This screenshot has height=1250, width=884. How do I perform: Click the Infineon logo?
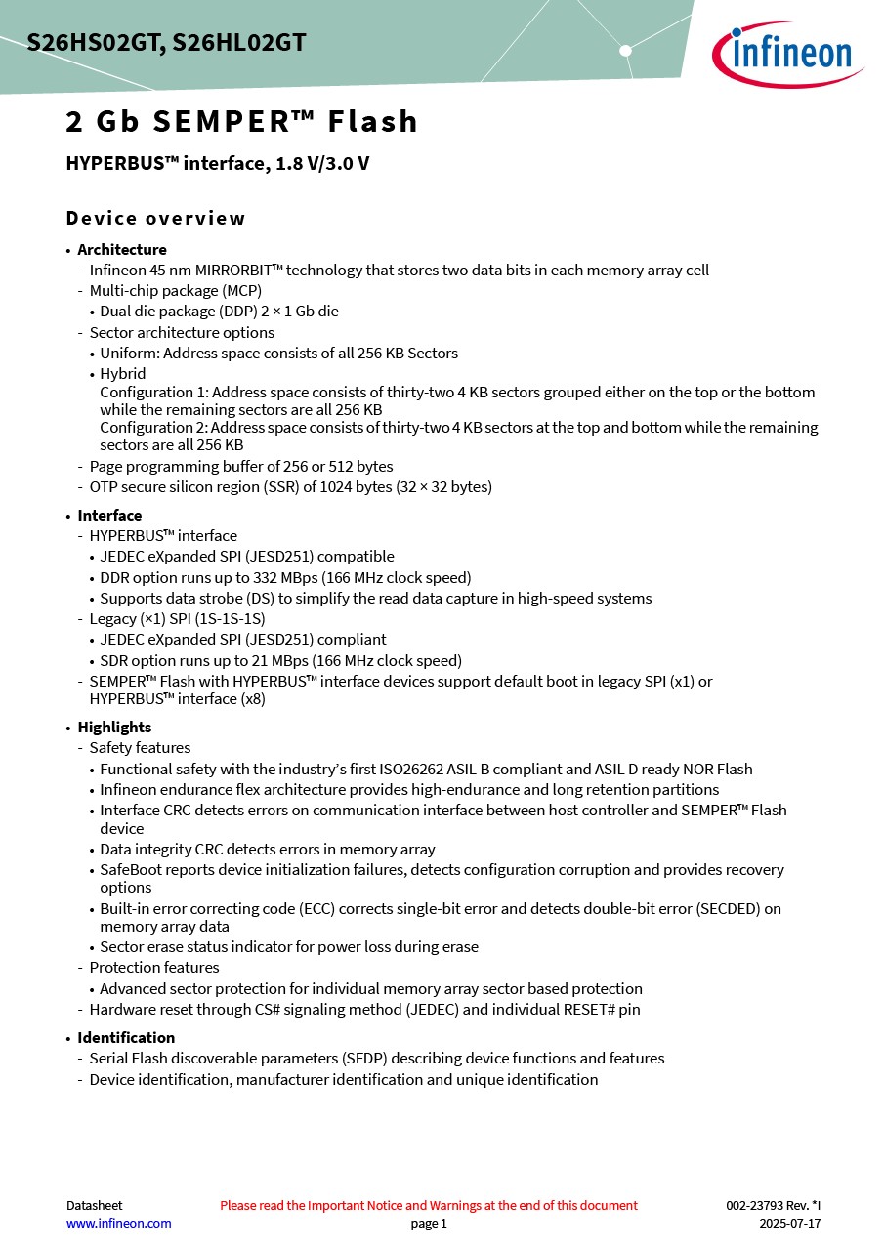click(786, 53)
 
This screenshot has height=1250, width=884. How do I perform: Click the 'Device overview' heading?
click(155, 218)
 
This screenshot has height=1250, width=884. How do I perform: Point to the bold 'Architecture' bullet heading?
click(122, 249)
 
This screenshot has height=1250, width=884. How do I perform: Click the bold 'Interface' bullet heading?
click(109, 515)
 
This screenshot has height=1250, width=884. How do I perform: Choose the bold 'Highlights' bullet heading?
click(114, 727)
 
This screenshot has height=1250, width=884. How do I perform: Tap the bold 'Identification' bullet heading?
click(126, 1037)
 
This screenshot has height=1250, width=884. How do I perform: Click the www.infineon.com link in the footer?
click(118, 1223)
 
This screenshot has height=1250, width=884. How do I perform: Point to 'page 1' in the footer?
click(429, 1223)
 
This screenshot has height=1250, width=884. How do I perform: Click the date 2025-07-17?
click(789, 1223)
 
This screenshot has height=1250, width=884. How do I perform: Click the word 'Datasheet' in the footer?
click(94, 1205)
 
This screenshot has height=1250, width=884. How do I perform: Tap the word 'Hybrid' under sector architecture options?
click(123, 373)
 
